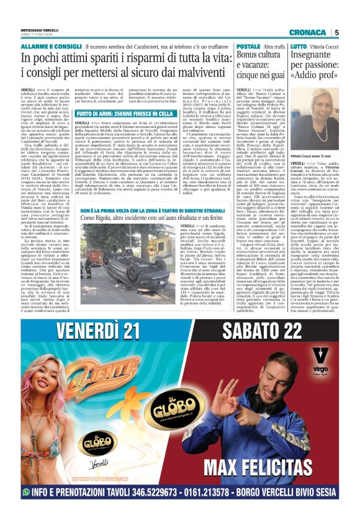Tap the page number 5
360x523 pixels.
pyautogui.click(x=336, y=32)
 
